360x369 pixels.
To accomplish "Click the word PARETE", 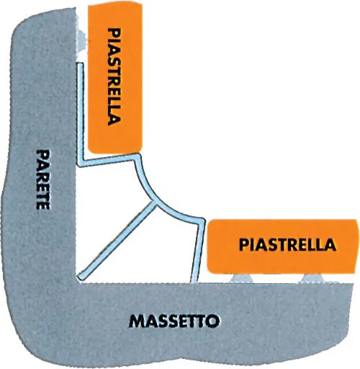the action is click(43, 179).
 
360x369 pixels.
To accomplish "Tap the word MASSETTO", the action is click(174, 321).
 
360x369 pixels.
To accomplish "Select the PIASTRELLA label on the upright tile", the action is click(114, 77).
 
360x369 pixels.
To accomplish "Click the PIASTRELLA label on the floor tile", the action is click(287, 244).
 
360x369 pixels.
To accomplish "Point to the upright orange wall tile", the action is click(115, 79).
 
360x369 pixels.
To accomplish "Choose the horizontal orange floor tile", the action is click(283, 246).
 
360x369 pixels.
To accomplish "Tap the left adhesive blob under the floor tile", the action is click(241, 279).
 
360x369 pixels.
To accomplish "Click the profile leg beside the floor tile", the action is click(198, 251).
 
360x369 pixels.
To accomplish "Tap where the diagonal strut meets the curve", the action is click(154, 203).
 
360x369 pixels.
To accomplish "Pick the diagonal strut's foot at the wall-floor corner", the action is click(81, 277).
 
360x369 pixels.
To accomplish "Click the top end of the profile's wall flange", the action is click(80, 63).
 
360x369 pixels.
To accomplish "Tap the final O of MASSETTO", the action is click(212, 321).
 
